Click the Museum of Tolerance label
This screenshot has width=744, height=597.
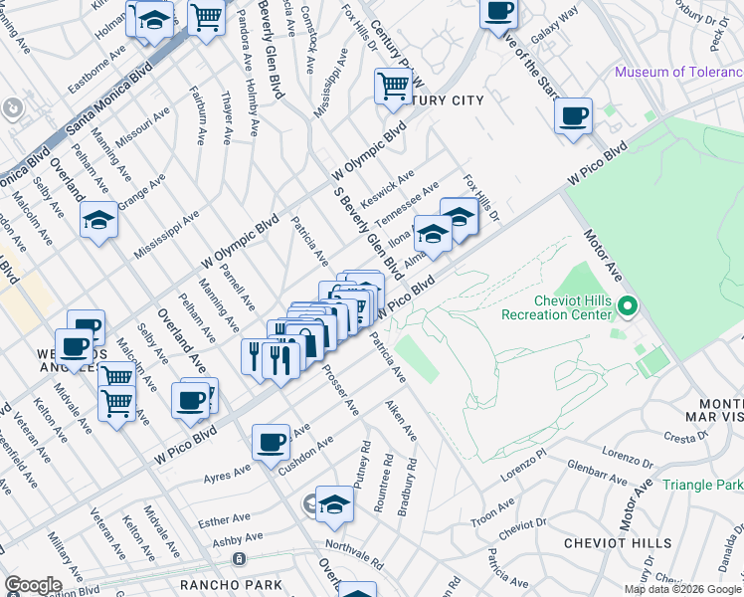677,72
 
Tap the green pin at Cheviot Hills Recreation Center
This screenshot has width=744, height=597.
627,305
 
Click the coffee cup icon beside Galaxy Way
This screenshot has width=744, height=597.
498,13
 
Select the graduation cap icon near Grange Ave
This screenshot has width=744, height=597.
99,220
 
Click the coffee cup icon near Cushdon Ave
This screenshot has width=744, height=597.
271,443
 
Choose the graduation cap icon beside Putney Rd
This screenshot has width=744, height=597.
335,506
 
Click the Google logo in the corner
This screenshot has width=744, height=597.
32,585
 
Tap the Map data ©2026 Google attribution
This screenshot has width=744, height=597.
682,589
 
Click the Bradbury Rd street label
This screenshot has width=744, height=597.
406,487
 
